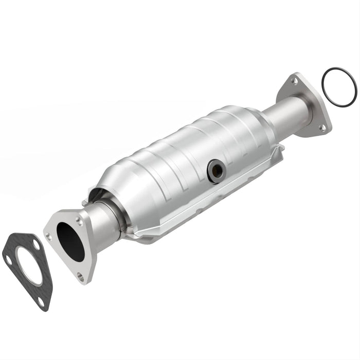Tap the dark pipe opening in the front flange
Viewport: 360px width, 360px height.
click(x=70, y=241)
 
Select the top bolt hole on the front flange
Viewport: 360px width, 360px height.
click(x=78, y=220)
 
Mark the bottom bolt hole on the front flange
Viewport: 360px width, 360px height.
click(x=80, y=276)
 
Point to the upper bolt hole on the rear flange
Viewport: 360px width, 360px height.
click(x=294, y=81)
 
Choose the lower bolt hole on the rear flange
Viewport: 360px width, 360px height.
click(x=322, y=127)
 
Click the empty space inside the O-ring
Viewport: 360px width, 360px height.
click(x=338, y=88)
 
